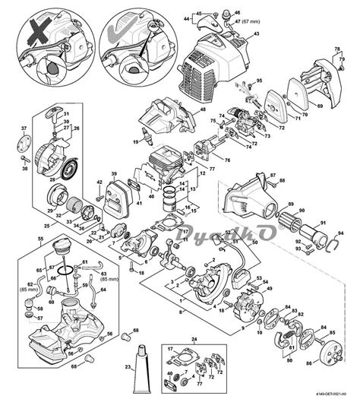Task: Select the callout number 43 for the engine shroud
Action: point(255,35)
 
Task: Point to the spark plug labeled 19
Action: point(143,141)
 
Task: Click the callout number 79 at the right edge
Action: point(338,55)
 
